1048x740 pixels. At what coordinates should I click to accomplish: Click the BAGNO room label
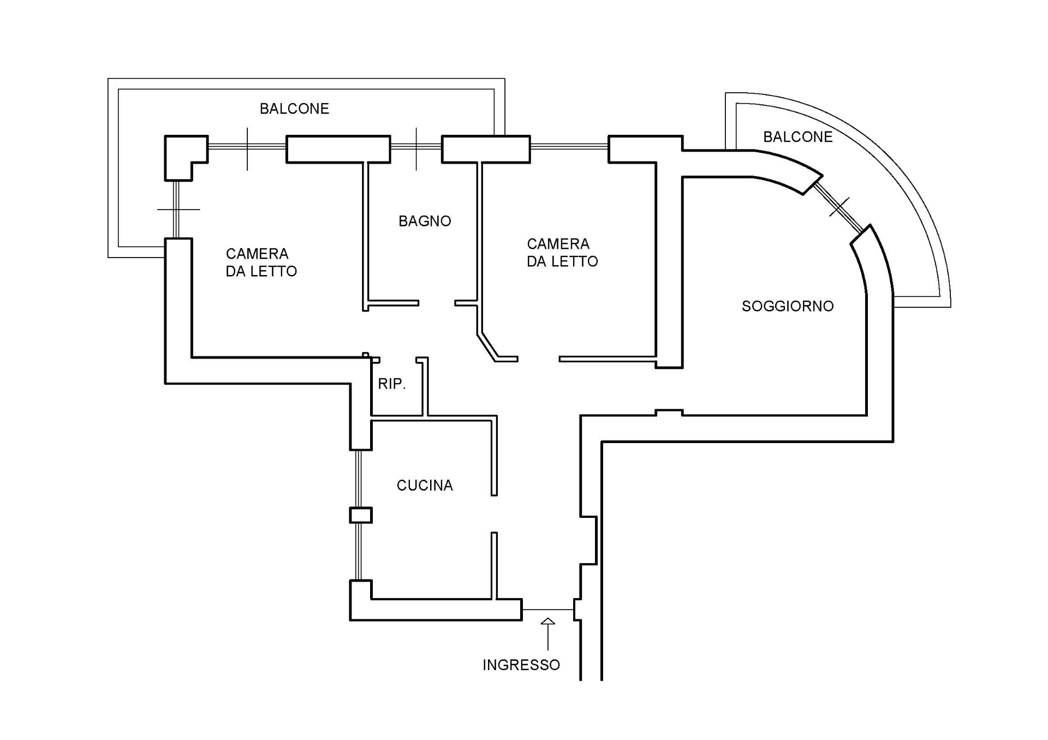click(x=425, y=221)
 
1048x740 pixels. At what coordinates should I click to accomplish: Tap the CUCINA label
click(x=425, y=485)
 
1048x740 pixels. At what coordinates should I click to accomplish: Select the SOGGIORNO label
click(x=788, y=306)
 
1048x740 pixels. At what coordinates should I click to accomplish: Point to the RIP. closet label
click(x=392, y=384)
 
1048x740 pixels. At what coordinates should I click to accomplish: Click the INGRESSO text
click(x=521, y=665)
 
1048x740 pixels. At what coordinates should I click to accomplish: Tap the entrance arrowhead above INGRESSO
click(x=547, y=622)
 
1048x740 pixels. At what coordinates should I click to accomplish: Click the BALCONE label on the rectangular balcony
click(x=294, y=109)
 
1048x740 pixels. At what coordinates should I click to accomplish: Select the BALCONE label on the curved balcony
click(x=797, y=136)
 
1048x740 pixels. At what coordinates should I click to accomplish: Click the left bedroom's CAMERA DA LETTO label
click(x=261, y=262)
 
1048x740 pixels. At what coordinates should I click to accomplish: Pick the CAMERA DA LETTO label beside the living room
click(x=562, y=253)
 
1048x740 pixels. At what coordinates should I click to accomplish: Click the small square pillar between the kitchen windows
click(x=360, y=515)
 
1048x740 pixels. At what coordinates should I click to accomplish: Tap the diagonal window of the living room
click(x=839, y=206)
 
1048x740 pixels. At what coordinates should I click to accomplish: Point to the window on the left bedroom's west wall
click(x=176, y=210)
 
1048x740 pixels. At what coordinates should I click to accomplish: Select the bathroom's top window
click(x=416, y=146)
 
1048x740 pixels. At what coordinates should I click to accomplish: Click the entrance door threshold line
click(x=547, y=610)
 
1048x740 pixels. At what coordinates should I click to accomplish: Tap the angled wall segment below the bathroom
click(x=487, y=346)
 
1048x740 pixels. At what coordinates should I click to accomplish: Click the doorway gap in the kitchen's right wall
click(x=494, y=514)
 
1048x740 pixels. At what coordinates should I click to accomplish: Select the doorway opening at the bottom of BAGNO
click(x=437, y=303)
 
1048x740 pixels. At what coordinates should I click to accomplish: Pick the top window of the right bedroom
click(x=569, y=146)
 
